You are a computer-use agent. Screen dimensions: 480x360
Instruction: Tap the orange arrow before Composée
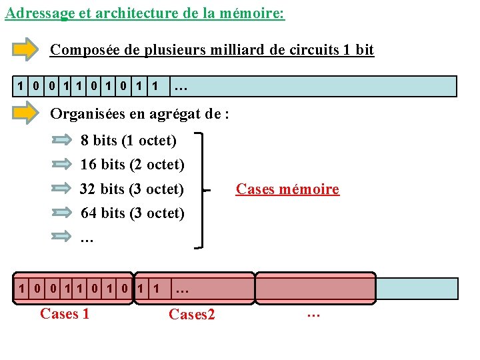point(26,49)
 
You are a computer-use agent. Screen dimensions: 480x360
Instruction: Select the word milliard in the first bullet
point(253,49)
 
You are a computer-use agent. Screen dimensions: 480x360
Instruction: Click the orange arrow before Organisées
point(26,113)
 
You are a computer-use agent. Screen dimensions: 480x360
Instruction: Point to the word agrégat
point(175,113)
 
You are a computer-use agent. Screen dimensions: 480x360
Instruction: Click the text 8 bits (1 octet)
point(128,141)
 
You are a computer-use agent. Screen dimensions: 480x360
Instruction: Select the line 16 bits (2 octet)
point(132,164)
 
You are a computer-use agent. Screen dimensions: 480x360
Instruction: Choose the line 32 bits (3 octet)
point(132,189)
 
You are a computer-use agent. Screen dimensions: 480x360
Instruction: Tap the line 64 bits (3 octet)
point(132,213)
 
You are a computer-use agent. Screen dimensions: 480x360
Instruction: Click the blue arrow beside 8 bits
point(61,140)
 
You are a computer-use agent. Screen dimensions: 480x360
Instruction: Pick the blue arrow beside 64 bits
point(61,213)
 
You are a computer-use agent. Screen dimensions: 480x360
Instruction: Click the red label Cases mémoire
point(287,189)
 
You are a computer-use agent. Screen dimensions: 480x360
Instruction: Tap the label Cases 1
point(65,313)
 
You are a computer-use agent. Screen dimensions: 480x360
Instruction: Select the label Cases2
point(192,314)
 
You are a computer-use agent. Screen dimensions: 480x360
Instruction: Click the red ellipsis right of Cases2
point(313,312)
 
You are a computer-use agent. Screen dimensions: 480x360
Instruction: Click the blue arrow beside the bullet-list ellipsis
point(61,236)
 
